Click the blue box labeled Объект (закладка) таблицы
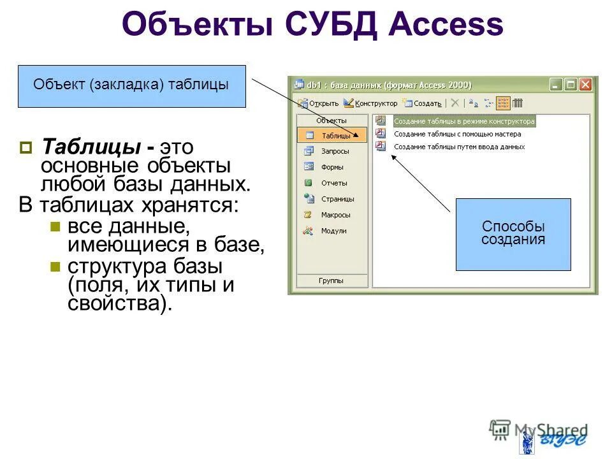coord(131,85)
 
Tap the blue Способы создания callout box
coord(513,234)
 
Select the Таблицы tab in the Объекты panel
coord(331,135)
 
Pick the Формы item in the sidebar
coord(331,167)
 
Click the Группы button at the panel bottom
coord(331,280)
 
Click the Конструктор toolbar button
coord(370,103)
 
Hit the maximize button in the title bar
coord(571,84)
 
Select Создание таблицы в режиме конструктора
coord(463,120)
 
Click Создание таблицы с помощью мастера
coord(457,134)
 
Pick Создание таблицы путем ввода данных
coord(459,147)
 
